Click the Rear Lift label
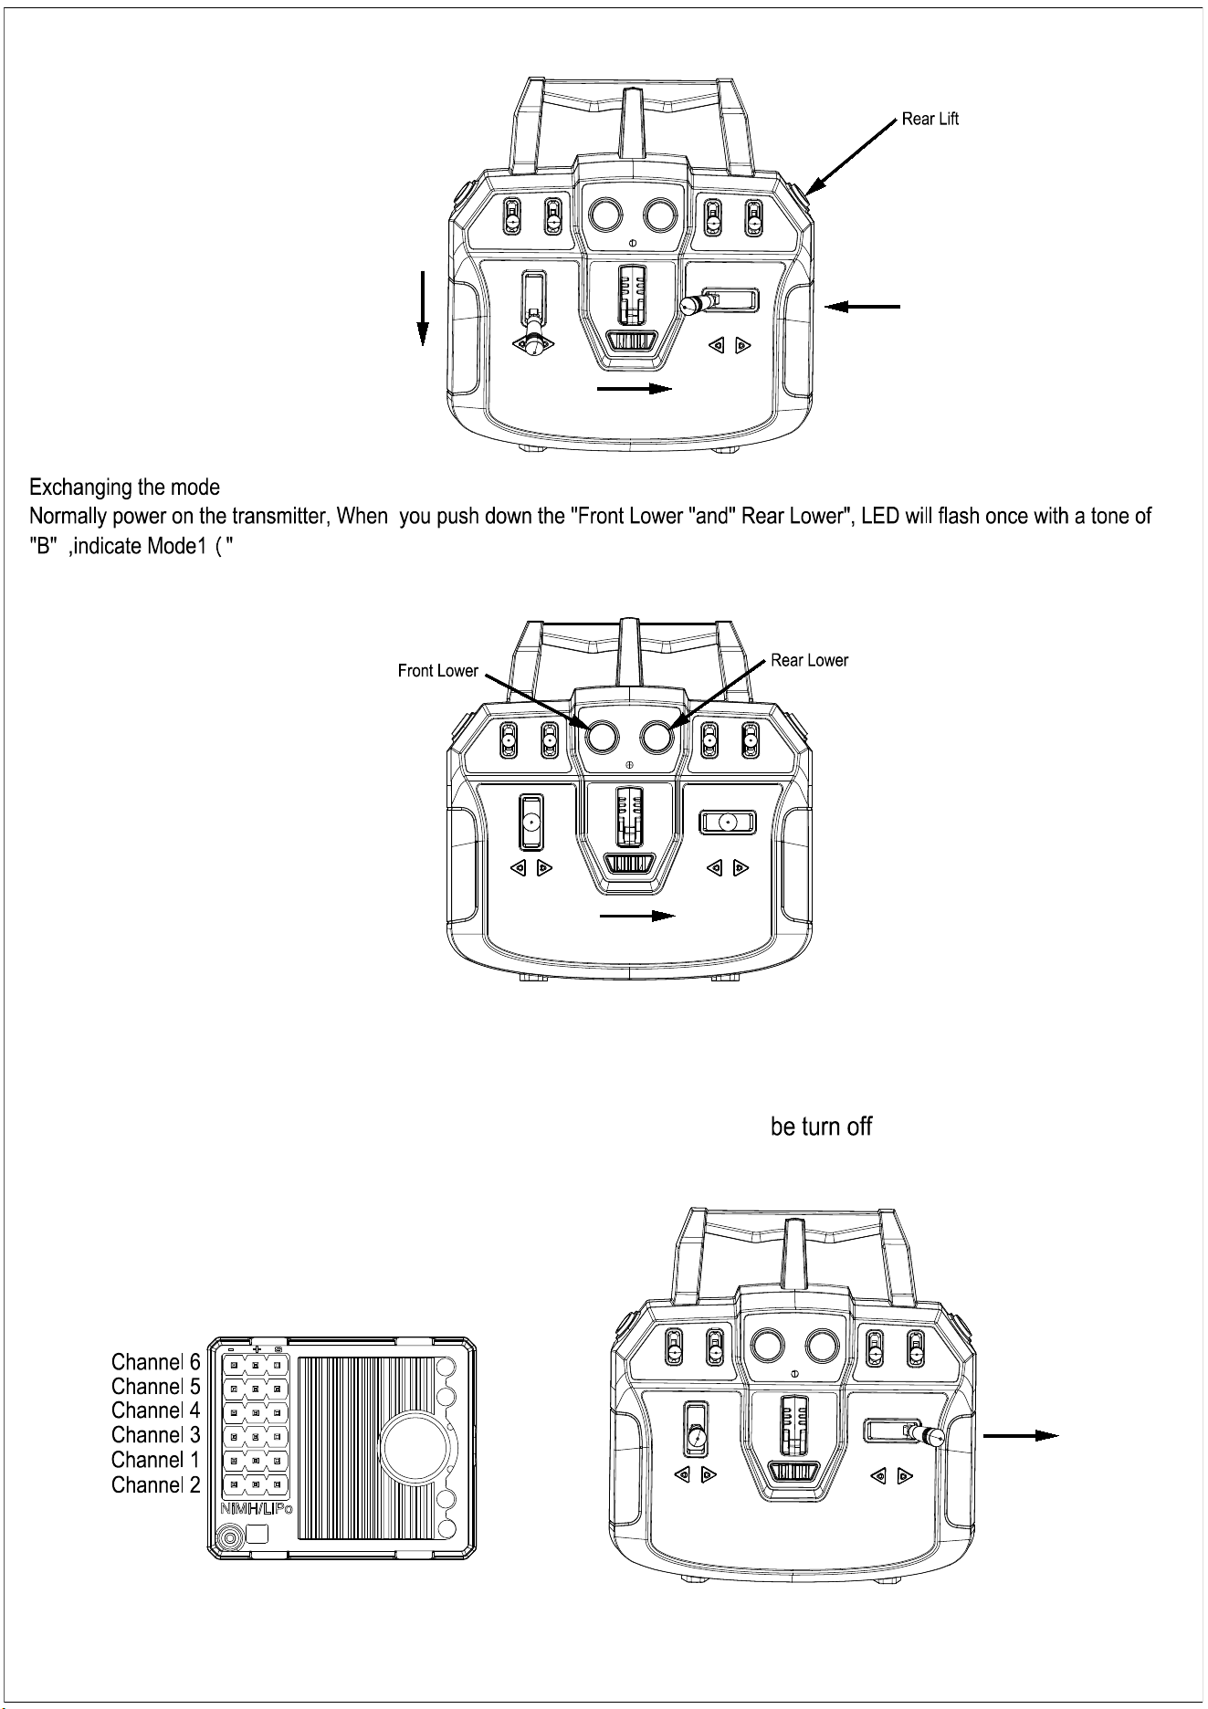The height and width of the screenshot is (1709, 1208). [930, 119]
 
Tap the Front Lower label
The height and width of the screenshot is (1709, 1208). [438, 671]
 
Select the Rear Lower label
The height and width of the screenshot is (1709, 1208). [810, 660]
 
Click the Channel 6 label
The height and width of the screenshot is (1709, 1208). [155, 1363]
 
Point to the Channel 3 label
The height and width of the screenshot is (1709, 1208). [155, 1437]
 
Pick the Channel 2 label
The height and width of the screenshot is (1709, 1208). [155, 1486]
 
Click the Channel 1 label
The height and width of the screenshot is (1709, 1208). [155, 1462]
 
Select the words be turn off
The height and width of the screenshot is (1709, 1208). [822, 1127]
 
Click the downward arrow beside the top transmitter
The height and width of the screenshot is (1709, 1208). [423, 308]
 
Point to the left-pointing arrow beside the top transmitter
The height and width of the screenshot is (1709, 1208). [863, 308]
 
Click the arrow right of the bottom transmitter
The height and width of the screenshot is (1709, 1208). [1022, 1436]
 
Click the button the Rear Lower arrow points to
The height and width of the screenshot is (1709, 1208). [657, 737]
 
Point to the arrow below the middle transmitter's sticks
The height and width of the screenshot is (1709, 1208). [637, 916]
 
